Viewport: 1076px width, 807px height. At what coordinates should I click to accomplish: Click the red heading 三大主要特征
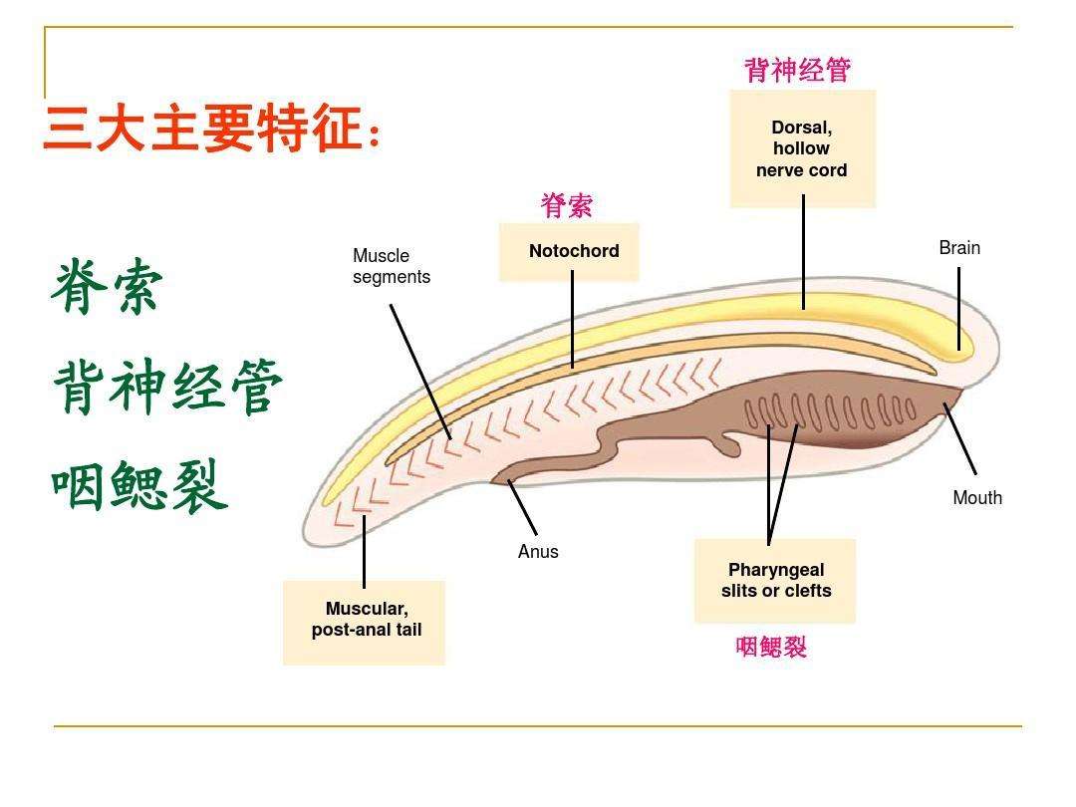211,131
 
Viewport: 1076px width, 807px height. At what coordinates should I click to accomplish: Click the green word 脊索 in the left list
106,287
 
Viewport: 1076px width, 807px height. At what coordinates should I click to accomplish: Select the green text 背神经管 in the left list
167,388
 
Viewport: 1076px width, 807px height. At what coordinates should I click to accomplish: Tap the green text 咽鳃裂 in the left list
139,486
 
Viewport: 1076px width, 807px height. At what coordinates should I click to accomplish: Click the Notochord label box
569,251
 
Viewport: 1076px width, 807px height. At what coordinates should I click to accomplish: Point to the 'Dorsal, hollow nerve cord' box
802,148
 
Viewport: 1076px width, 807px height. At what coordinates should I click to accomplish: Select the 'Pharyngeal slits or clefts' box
775,581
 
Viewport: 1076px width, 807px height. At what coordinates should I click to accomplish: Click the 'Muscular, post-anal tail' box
365,621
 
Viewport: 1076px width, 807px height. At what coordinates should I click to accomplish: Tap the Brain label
959,248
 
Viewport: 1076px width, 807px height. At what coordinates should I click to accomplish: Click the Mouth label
976,498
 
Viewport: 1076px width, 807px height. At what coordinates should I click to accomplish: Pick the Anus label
538,552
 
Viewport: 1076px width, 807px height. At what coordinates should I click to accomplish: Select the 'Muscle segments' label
391,267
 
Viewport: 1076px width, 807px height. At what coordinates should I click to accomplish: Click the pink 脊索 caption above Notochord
567,206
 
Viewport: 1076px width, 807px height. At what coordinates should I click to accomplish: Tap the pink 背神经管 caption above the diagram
797,70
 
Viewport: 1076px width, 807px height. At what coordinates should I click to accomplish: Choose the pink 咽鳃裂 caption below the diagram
771,648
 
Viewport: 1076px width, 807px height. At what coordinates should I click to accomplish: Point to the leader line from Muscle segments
419,371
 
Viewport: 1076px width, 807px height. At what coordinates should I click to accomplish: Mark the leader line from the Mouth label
960,438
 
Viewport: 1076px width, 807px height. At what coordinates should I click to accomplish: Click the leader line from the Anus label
523,508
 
